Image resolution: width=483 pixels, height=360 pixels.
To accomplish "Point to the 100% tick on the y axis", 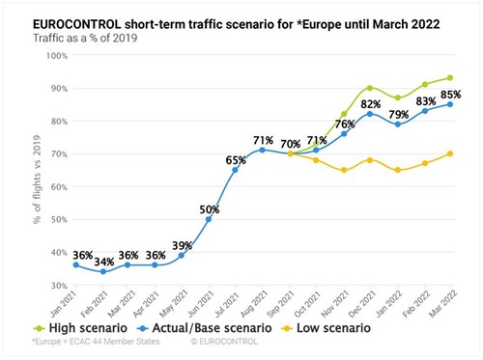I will (x=52, y=55).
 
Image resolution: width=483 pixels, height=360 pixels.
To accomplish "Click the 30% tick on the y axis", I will (x=54, y=286).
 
